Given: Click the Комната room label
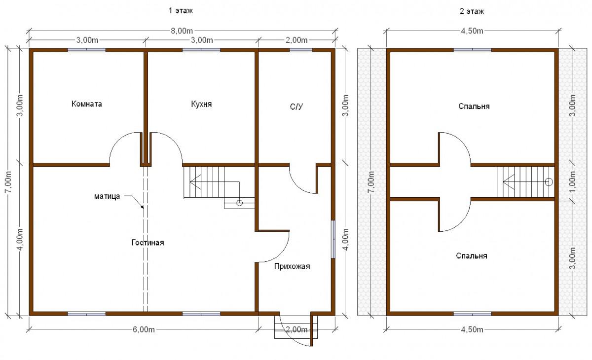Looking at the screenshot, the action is (x=87, y=104).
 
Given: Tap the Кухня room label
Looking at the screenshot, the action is (x=201, y=104).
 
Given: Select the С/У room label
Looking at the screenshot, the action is (x=296, y=107).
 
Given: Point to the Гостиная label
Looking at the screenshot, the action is (x=148, y=243).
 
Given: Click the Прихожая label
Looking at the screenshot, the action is (x=292, y=266).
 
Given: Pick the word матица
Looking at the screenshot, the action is (x=107, y=196).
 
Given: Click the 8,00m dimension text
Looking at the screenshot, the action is (x=182, y=31).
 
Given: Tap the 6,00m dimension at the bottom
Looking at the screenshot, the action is (x=144, y=329).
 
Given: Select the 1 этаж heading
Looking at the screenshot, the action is (x=181, y=10).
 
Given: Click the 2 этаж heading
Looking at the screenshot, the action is (x=472, y=11).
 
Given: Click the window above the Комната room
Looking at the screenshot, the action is (x=87, y=50).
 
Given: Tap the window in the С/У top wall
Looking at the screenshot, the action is (x=300, y=50).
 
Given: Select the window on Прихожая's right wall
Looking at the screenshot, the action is (x=333, y=239).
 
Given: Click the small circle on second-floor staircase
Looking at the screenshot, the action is (x=549, y=182).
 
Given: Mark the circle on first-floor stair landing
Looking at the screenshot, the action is (x=239, y=203).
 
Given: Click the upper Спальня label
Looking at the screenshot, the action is (x=474, y=106).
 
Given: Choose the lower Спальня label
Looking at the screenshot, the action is (x=472, y=255).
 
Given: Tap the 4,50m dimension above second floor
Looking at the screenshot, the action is (x=472, y=31).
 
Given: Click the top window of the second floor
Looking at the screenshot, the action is (x=473, y=50).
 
